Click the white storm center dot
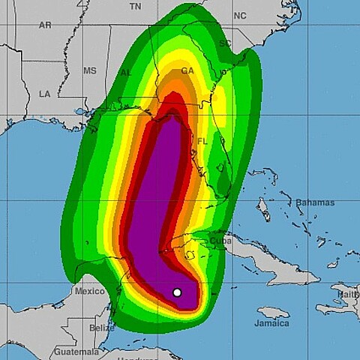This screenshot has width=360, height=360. click(x=177, y=292)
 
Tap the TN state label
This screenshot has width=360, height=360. click(x=135, y=6)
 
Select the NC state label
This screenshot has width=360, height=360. click(x=239, y=16)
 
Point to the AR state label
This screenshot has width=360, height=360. click(x=45, y=25)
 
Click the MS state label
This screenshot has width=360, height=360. click(x=90, y=70)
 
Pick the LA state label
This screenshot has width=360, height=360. click(x=44, y=94)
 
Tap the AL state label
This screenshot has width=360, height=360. click(x=126, y=73)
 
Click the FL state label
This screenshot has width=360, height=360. click(x=202, y=141)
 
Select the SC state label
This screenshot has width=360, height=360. click(x=224, y=44)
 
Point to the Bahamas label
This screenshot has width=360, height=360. click(x=314, y=202)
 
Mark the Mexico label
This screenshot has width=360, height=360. click(x=89, y=290)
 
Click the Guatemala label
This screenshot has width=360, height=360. click(x=75, y=351)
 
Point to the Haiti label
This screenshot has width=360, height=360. click(x=349, y=295)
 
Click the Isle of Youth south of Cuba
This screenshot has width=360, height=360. click(x=190, y=255)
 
